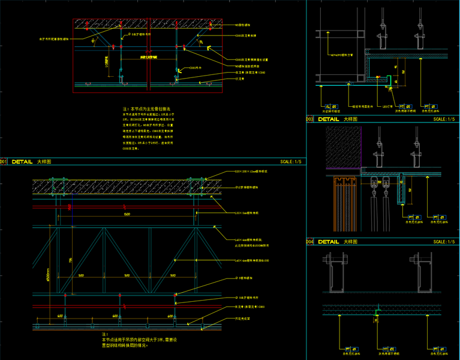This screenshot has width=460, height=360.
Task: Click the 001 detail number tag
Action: pos(3,162)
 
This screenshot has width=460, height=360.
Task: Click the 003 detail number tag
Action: pos(309,119)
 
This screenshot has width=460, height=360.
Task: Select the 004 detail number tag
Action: pos(309,242)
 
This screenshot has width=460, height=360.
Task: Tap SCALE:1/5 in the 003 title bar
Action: pos(444,119)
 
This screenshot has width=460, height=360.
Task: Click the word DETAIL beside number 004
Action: pos(329,242)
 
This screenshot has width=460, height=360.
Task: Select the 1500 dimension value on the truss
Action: pos(127,214)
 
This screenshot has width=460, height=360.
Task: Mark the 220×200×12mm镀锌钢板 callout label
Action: pos(250,172)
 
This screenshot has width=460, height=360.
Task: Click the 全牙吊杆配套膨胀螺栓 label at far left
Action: pos(54,39)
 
